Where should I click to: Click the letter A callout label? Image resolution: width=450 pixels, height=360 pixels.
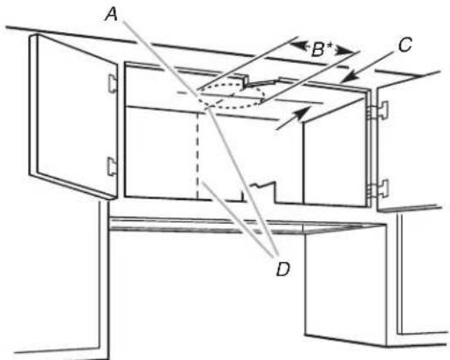coord(112,15)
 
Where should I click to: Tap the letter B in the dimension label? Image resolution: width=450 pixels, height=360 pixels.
coord(318,50)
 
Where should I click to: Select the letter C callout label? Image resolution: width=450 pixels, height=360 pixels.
coord(405,45)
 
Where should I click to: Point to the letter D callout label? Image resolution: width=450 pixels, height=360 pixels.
coord(283,269)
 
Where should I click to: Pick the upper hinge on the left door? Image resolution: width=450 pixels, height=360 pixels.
coord(113,83)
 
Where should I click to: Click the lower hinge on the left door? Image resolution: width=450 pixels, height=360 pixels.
coord(113,166)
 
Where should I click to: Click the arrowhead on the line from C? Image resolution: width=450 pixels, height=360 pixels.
coord(349,77)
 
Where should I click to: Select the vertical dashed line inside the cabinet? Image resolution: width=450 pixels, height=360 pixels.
coord(197,155)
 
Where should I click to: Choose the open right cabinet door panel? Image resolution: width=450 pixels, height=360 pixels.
coord(409,142)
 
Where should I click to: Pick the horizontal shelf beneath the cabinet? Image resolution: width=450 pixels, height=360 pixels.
coord(247,225)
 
